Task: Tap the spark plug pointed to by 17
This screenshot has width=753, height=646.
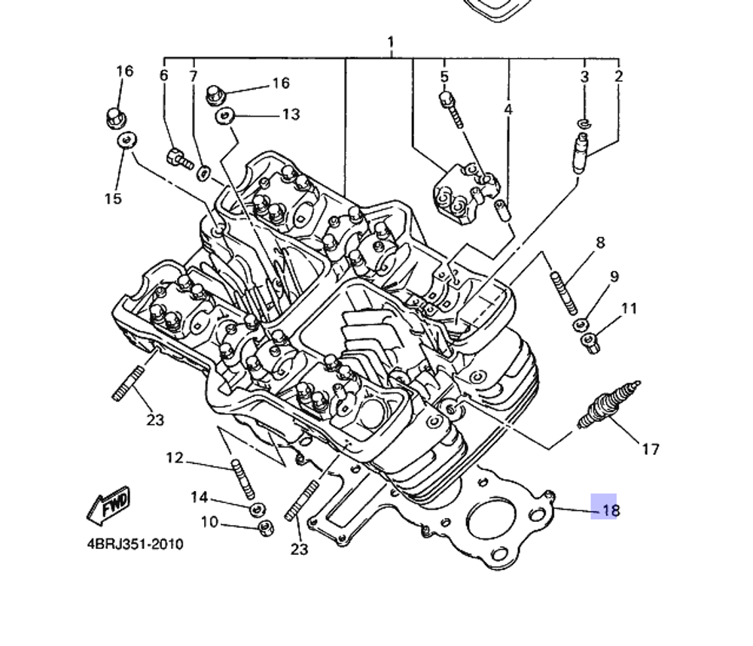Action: click(x=608, y=406)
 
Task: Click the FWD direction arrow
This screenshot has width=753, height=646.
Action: click(x=108, y=505)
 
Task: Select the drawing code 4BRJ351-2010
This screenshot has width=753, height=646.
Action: click(x=135, y=544)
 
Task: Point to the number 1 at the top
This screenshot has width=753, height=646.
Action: click(x=391, y=41)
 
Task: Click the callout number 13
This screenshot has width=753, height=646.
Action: click(x=291, y=114)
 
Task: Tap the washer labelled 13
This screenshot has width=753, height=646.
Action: click(x=224, y=115)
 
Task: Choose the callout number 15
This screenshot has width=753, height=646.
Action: click(x=112, y=199)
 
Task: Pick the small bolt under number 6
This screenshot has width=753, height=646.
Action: click(x=178, y=158)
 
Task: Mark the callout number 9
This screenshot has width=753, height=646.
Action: click(x=614, y=277)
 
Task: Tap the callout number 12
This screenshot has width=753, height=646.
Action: click(x=175, y=457)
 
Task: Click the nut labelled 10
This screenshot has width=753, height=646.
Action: click(x=264, y=528)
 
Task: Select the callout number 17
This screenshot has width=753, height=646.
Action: click(x=651, y=450)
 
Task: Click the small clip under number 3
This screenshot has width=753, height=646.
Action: click(x=584, y=122)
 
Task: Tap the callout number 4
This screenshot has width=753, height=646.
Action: click(x=508, y=110)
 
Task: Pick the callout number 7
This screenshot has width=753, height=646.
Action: click(x=194, y=76)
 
